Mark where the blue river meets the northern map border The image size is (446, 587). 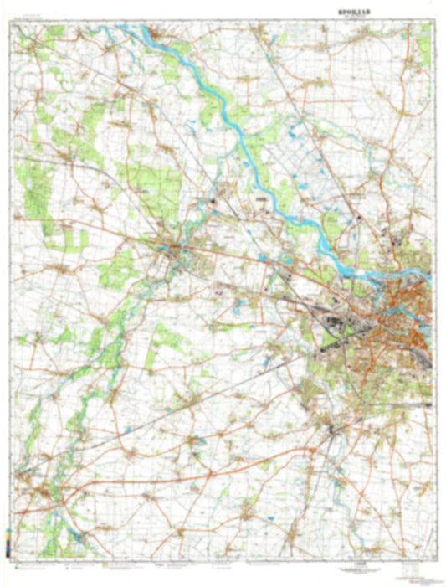[126, 26]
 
